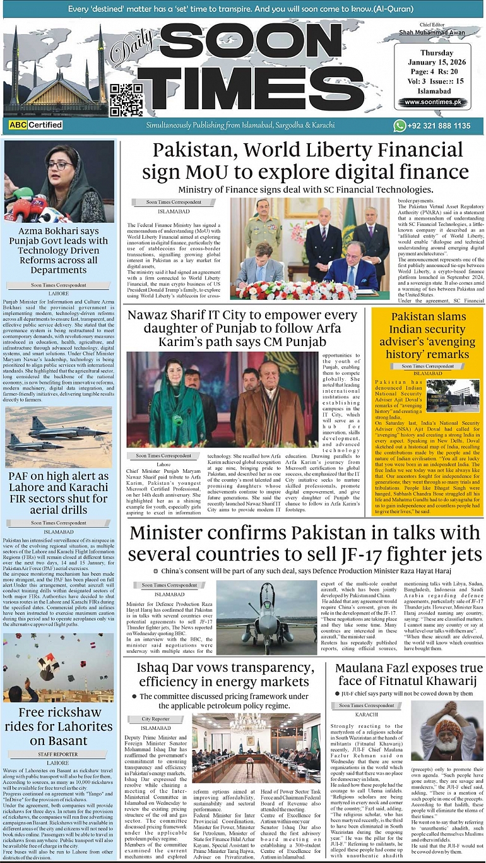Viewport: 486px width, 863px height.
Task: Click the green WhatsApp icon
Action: (399, 126)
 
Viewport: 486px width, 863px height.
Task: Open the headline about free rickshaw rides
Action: (59, 725)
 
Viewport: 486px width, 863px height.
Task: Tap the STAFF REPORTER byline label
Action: (58, 754)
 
